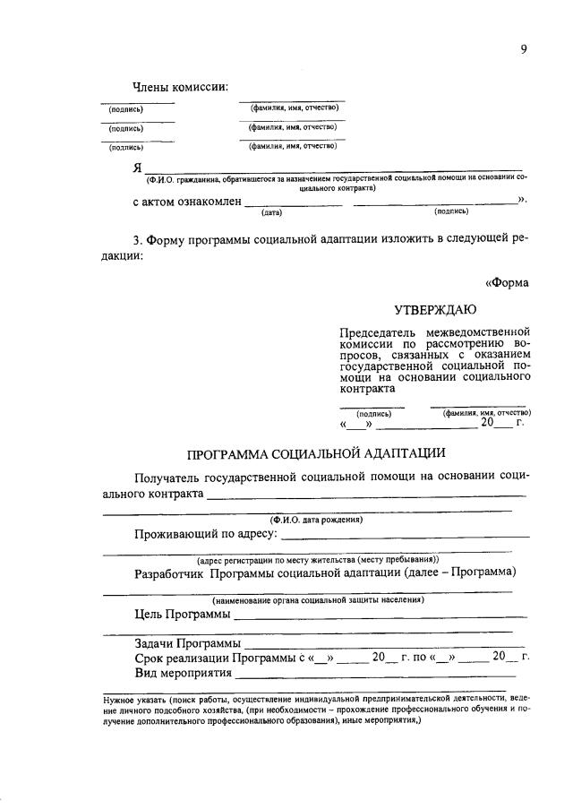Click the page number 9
[523, 48]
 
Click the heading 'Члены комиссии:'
[180, 87]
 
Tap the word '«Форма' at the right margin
[507, 281]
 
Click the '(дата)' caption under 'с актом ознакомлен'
[271, 212]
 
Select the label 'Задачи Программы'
[187, 643]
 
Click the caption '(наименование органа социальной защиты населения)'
[318, 599]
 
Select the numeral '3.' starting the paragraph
[137, 240]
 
